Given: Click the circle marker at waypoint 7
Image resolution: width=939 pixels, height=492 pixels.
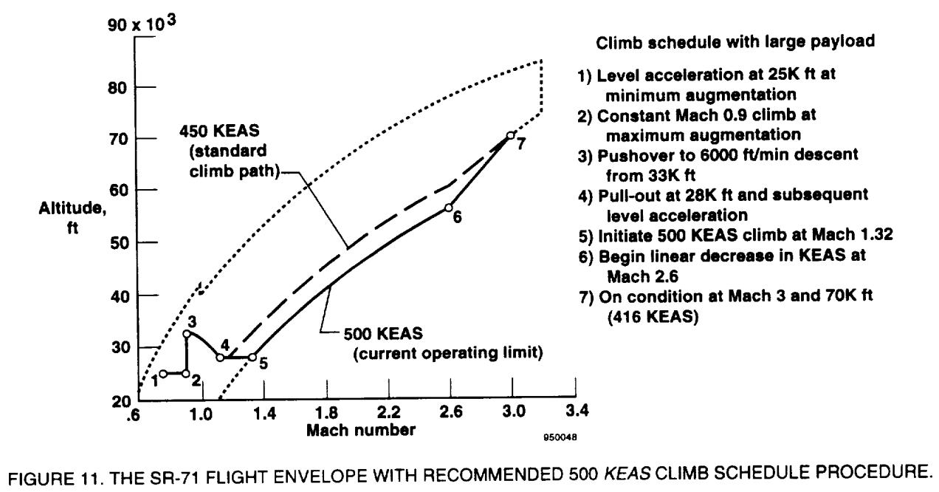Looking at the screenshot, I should click(510, 135).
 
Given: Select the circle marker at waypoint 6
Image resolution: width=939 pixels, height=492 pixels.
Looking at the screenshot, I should click(448, 208).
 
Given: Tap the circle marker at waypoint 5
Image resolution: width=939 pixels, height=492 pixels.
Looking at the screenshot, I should click(252, 357).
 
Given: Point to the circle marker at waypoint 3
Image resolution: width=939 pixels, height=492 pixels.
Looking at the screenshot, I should click(187, 334).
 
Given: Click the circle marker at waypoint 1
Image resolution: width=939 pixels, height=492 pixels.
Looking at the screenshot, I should click(162, 373).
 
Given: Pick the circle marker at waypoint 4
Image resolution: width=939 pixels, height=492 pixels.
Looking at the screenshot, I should click(220, 358).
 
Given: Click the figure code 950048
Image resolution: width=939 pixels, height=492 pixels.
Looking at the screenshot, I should click(560, 437).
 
